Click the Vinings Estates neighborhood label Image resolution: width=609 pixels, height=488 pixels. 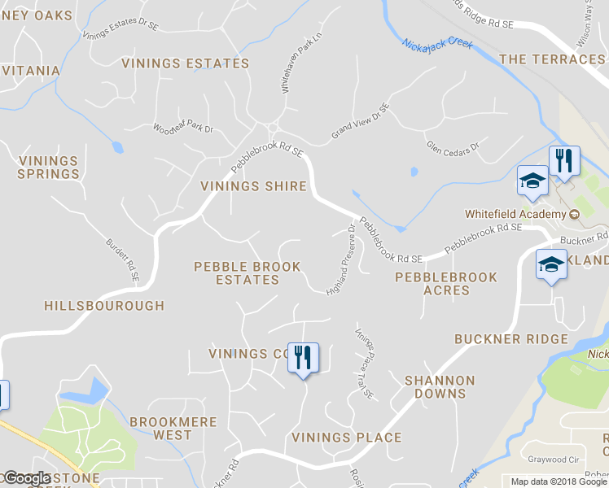[185, 63]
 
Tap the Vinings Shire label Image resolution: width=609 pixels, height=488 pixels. [253, 186]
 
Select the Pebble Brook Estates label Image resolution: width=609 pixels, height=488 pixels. [247, 273]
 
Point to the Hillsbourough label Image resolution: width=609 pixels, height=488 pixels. [104, 306]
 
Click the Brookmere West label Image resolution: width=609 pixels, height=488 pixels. [173, 429]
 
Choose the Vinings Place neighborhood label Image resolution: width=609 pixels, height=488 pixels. [346, 438]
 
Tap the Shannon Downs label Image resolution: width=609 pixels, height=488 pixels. [439, 387]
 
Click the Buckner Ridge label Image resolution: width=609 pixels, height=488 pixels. [510, 339]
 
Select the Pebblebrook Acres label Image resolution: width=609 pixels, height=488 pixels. [445, 284]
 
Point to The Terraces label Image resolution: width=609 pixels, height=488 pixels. [551, 59]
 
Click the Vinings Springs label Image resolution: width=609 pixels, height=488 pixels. [49, 168]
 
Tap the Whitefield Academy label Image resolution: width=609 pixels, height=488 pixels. [516, 215]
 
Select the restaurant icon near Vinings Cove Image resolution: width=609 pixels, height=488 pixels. [304, 358]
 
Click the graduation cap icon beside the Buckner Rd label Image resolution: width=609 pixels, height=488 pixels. [551, 264]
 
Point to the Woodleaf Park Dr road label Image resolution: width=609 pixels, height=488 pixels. [182, 128]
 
